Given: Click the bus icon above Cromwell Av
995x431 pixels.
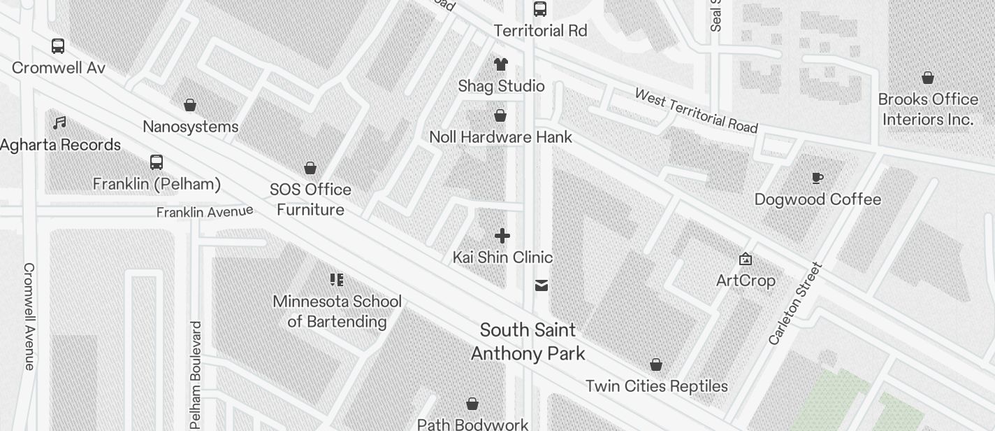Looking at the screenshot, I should (x=58, y=46).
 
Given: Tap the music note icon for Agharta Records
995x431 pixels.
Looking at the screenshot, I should (x=59, y=123).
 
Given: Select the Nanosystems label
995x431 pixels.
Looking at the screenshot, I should (x=190, y=127).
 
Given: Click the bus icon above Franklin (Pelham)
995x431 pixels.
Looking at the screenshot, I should (x=157, y=162).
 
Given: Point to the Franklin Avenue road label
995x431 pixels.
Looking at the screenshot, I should (x=204, y=211).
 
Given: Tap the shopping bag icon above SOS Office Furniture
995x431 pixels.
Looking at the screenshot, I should (x=310, y=168).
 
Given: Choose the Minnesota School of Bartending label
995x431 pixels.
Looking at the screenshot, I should (x=337, y=311).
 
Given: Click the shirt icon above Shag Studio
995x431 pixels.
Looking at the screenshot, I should (x=500, y=64).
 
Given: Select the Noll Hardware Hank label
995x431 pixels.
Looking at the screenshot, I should (x=500, y=137).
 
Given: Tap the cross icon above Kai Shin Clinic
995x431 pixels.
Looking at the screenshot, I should (x=502, y=236).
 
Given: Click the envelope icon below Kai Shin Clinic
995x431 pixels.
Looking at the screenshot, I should (x=541, y=285).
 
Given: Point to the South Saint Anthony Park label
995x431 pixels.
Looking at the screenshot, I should (x=528, y=341).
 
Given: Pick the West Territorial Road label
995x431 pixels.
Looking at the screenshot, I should (x=696, y=111).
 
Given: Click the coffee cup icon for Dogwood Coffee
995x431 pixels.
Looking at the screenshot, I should (x=817, y=178).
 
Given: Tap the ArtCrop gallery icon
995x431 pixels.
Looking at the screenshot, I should (x=746, y=260).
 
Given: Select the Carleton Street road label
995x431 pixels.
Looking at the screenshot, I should (x=795, y=304).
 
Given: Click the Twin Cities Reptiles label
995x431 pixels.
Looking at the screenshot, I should (x=656, y=386).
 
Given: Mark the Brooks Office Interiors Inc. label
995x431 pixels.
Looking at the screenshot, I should (x=927, y=109).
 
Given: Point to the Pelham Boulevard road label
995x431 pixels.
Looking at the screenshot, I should (x=196, y=375).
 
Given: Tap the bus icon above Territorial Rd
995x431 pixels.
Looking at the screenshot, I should (x=539, y=9).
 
